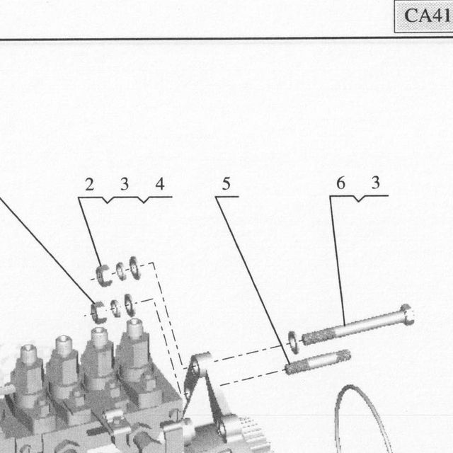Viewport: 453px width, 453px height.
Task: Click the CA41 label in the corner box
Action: (427, 16)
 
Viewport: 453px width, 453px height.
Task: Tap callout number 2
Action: (90, 184)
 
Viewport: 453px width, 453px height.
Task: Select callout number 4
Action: (160, 184)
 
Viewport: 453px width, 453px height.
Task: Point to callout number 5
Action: (226, 184)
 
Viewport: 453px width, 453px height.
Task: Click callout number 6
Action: (341, 183)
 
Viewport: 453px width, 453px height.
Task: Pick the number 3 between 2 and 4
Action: (125, 184)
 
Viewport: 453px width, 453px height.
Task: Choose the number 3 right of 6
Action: (376, 183)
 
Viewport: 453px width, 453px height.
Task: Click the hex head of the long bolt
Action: (407, 314)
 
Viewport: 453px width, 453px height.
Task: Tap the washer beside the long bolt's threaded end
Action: (294, 343)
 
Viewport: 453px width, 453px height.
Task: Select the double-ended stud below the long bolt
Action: (318, 362)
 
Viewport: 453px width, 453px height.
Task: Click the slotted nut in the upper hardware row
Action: (103, 276)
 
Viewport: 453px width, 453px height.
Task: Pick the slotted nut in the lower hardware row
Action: (98, 312)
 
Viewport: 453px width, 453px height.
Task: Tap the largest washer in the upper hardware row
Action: (134, 268)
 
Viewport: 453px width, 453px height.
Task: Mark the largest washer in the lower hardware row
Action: (130, 305)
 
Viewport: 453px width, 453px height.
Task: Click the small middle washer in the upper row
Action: (120, 271)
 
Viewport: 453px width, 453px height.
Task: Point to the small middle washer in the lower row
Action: (115, 308)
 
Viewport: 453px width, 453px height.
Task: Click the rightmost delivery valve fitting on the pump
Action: (134, 350)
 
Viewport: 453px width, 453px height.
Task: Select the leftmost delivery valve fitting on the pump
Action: (28, 373)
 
